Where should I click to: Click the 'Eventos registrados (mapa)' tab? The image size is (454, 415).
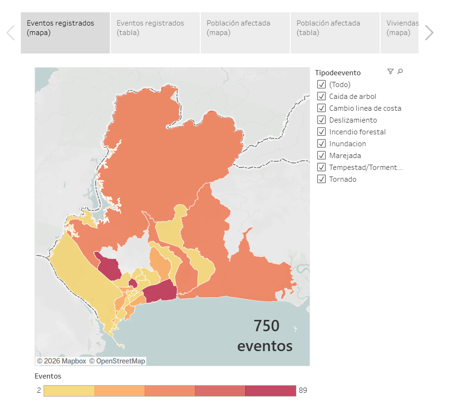pos(65,33)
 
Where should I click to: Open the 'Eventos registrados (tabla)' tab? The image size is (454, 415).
pos(155,33)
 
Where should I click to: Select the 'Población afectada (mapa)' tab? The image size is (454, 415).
pos(245,33)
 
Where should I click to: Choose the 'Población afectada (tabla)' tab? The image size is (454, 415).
pos(335,33)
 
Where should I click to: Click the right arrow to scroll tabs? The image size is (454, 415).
pos(429,33)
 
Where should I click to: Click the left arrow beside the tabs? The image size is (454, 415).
pos(10,33)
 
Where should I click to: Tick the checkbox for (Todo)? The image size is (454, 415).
pos(321,85)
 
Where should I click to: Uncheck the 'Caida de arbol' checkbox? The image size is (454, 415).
pos(321,97)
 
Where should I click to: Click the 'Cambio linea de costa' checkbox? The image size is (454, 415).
pos(321,108)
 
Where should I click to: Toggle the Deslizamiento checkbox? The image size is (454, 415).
pos(321,120)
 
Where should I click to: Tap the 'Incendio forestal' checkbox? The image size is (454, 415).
pos(321,132)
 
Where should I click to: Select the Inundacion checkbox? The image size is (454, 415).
pos(321,144)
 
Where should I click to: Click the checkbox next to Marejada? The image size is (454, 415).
pos(321,156)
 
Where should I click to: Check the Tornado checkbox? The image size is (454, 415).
pos(321,179)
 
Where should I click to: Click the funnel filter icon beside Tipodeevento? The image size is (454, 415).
pos(390,71)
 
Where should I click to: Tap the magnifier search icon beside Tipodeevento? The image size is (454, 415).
pos(400,71)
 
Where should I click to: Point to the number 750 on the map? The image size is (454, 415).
pos(267,326)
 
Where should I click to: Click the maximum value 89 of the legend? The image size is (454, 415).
pos(303,390)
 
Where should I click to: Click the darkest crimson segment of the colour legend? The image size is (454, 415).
pos(270,391)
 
